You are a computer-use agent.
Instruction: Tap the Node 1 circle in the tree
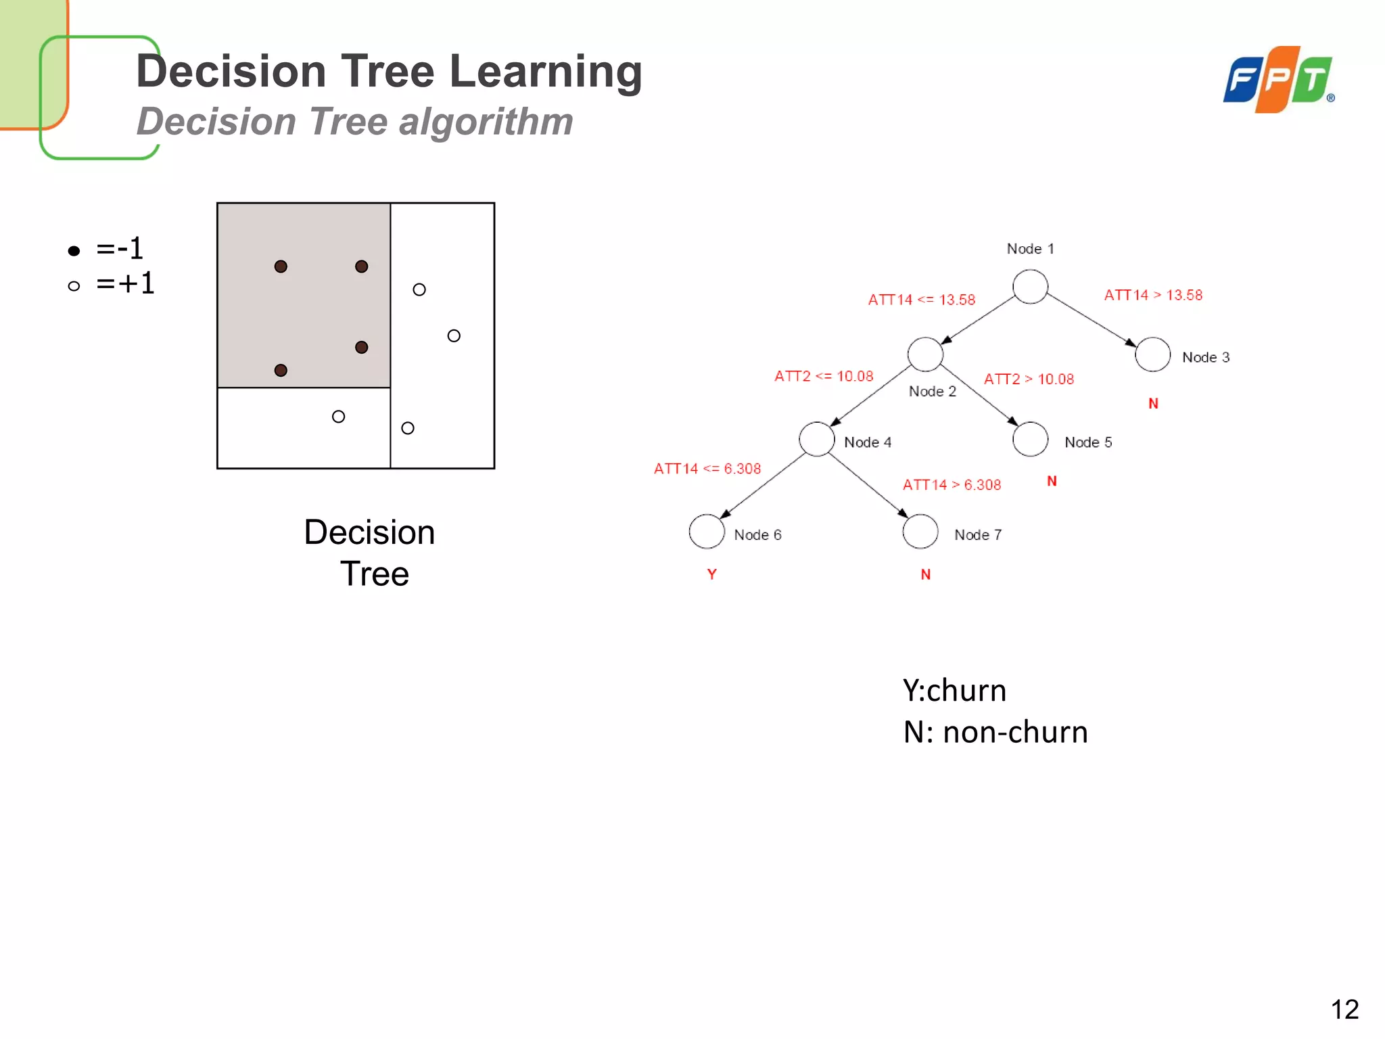(x=1030, y=287)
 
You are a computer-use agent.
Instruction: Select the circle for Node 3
(x=1152, y=354)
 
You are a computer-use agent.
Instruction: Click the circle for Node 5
(x=1030, y=439)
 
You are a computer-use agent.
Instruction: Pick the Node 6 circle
(x=707, y=532)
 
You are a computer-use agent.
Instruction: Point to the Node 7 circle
(x=920, y=532)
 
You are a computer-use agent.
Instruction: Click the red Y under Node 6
(x=711, y=574)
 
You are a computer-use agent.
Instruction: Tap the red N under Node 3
(x=1153, y=404)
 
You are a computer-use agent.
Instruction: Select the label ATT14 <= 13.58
(x=921, y=300)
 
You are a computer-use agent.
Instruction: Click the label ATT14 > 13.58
(x=1153, y=295)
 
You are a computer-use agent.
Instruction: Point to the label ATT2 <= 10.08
(x=824, y=376)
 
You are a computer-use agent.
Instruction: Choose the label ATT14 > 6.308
(x=952, y=485)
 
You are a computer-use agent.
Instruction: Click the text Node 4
(x=868, y=442)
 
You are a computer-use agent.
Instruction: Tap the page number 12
(x=1344, y=1010)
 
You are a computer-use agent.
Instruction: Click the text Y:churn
(x=954, y=691)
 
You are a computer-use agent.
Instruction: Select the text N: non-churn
(x=995, y=732)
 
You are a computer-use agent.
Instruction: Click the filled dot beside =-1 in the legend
(x=74, y=251)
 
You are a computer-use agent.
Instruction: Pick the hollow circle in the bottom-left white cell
(x=339, y=417)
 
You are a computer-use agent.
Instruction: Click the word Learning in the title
(x=545, y=71)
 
